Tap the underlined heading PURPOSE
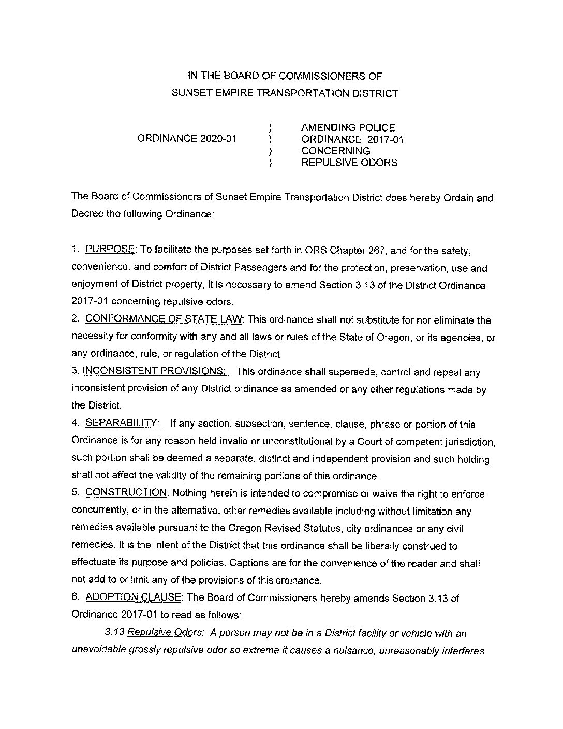(x=109, y=250)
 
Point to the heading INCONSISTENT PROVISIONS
(x=154, y=371)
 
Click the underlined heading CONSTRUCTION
(x=126, y=493)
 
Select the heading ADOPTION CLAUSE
(x=133, y=597)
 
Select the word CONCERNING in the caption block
(x=336, y=151)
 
